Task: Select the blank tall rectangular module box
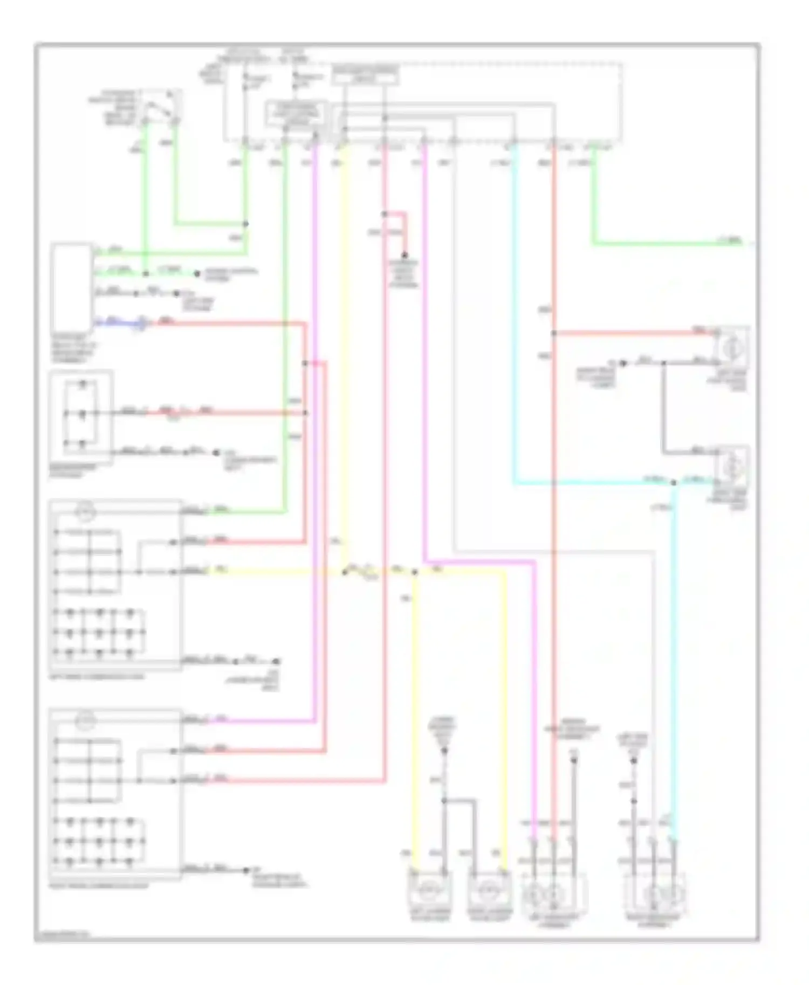point(71,288)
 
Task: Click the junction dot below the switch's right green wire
point(245,224)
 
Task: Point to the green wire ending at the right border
point(674,244)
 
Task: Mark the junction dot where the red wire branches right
point(554,334)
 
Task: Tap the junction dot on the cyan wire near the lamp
point(673,482)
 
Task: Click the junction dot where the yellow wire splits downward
point(415,572)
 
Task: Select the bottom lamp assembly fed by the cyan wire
point(655,894)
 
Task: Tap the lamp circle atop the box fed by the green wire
point(86,510)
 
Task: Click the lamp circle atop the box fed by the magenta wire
point(86,720)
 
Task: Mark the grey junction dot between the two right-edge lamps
point(663,363)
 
